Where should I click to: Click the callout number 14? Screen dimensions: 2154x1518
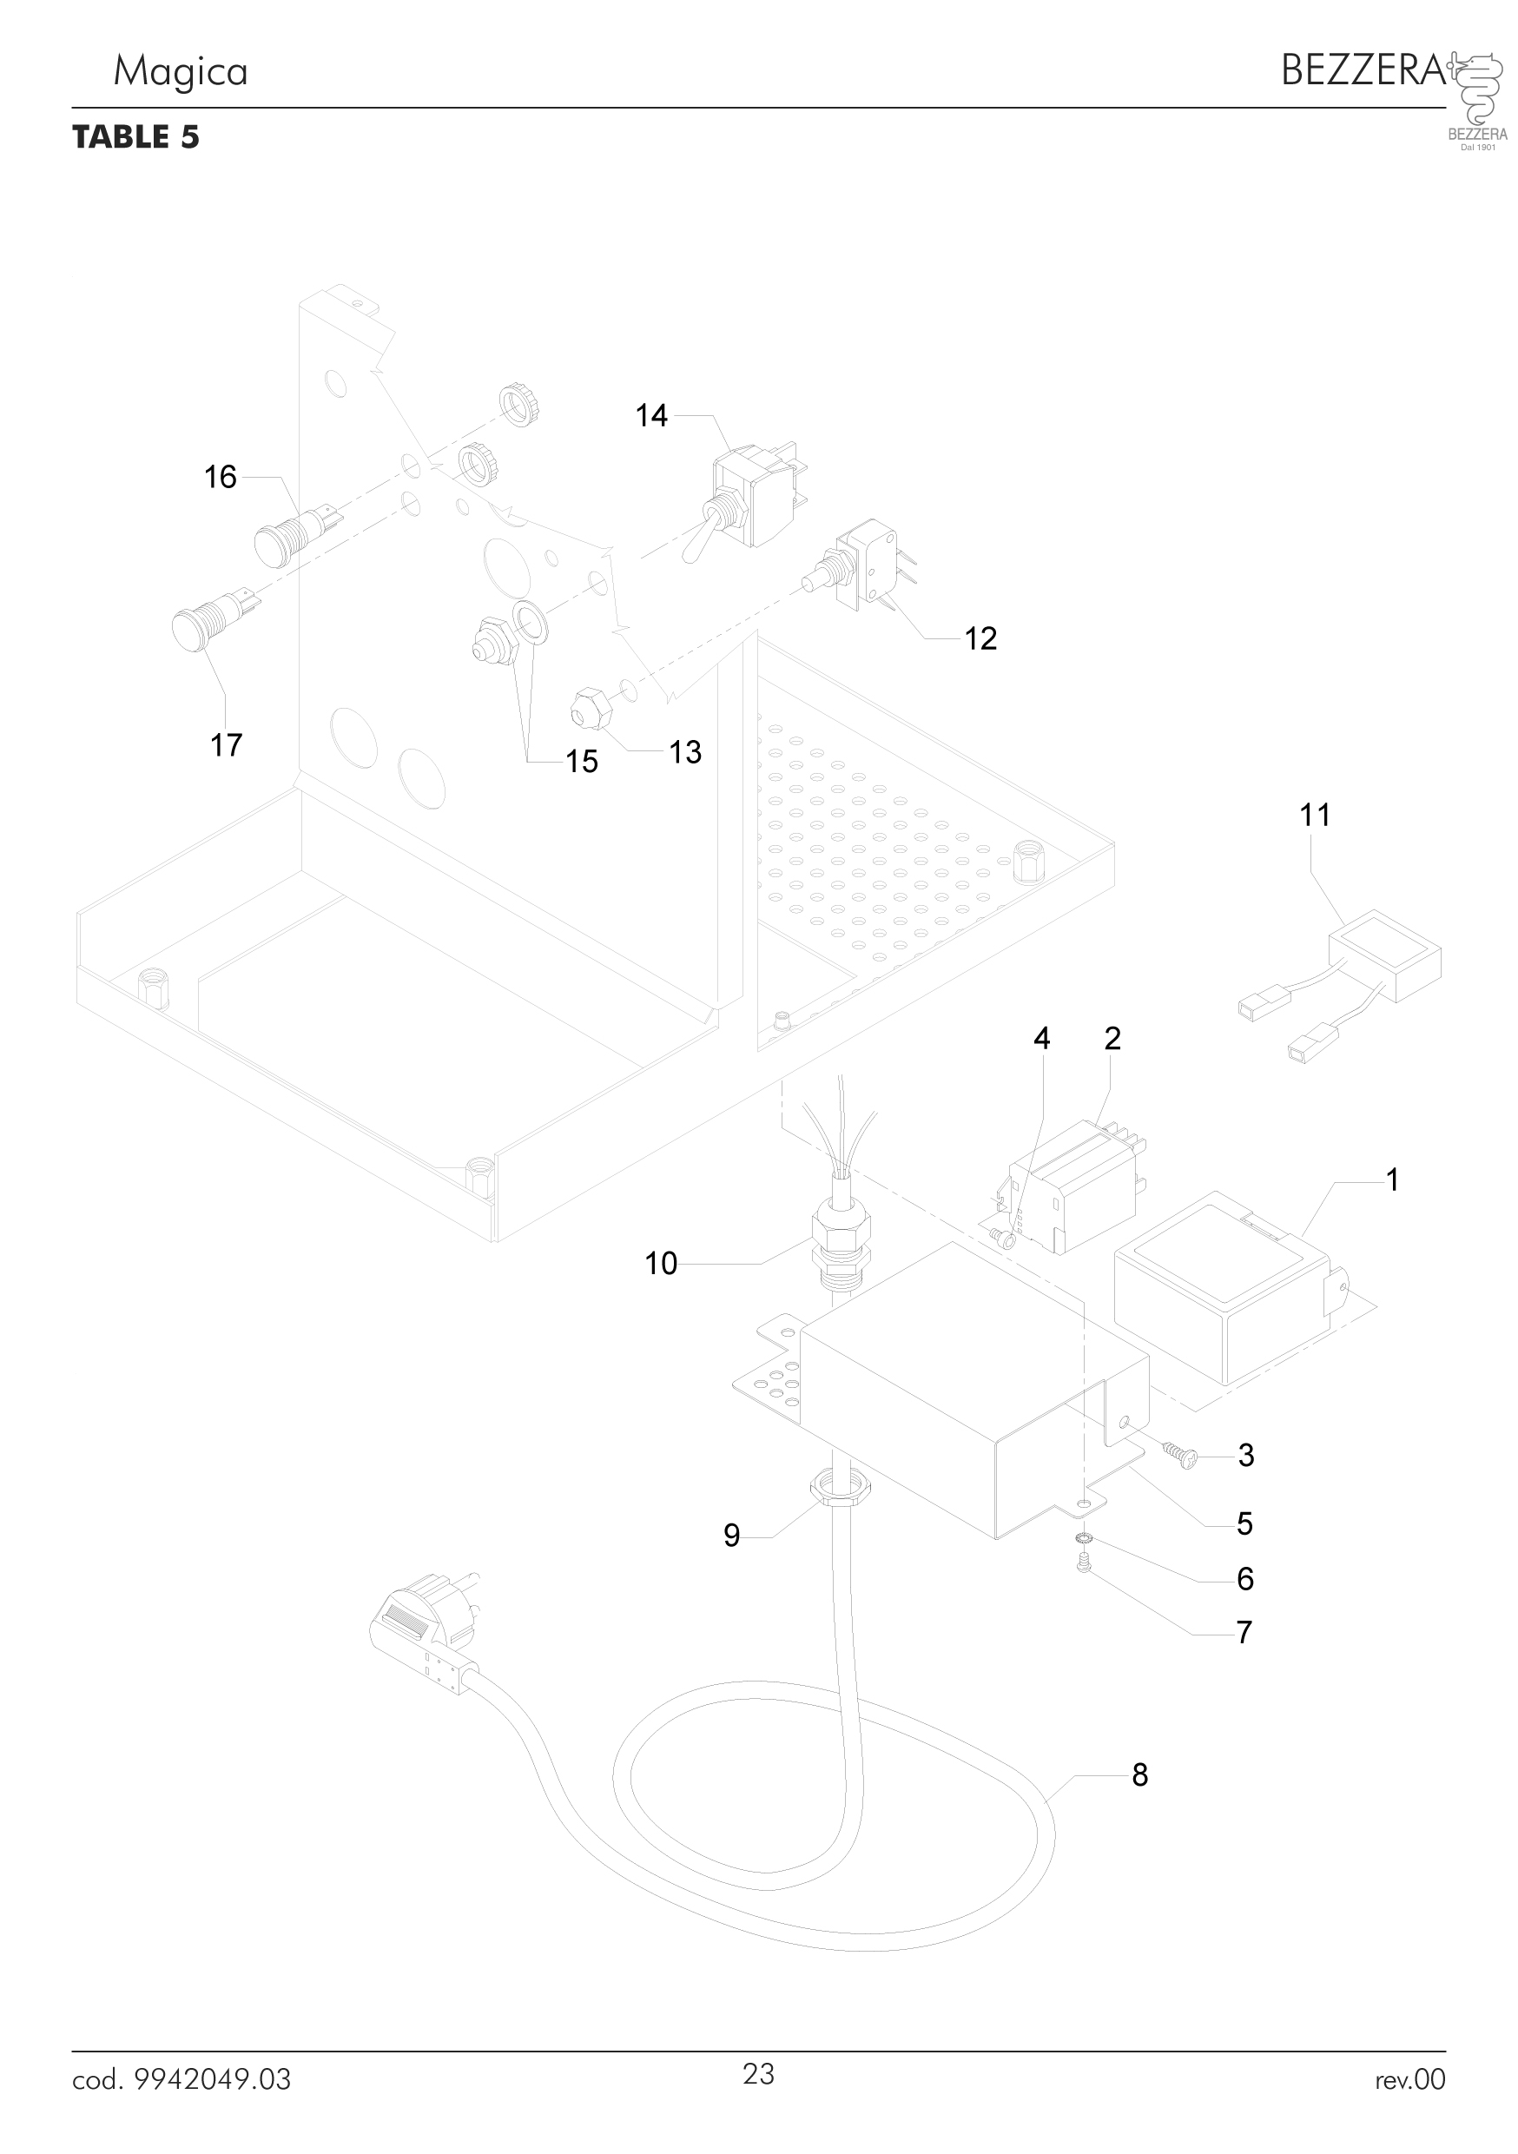(x=651, y=416)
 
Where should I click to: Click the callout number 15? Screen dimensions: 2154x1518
(x=582, y=762)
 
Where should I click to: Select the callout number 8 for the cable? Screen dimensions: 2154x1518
(x=1139, y=1775)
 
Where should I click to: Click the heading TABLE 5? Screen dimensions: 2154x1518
(x=136, y=137)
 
